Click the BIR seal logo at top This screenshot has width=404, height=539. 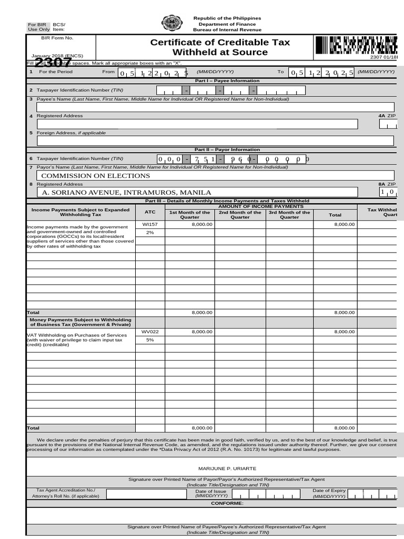tap(171, 23)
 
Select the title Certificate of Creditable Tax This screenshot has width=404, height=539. tap(220, 42)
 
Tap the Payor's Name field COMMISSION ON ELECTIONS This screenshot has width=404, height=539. tap(96, 176)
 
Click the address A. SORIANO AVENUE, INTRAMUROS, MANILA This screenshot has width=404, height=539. tap(126, 193)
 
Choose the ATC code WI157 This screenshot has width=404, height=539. tap(150, 224)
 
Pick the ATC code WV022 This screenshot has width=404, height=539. tap(150, 332)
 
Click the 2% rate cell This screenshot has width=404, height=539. tap(150, 233)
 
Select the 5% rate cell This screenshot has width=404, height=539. tap(150, 340)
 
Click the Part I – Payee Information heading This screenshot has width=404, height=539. tap(227, 81)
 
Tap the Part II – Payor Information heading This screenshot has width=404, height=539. tap(227, 149)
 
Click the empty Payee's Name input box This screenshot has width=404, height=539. tap(215, 107)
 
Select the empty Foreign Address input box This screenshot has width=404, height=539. tap(215, 141)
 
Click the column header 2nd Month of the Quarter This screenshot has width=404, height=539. tap(240, 215)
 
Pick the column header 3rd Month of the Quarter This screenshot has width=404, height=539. tap(289, 215)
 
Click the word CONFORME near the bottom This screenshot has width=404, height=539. tap(227, 503)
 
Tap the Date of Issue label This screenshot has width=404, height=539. tap(210, 491)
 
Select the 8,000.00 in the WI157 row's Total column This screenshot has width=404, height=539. tap(345, 224)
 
